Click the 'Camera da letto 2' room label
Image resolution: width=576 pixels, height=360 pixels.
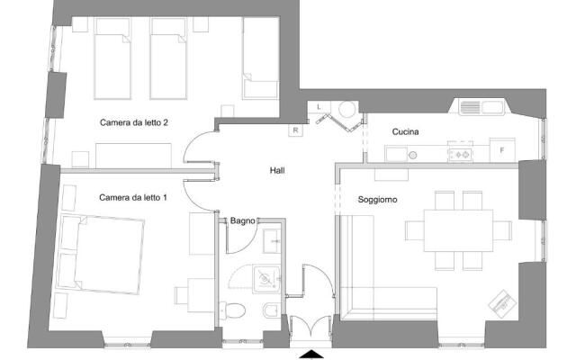pyautogui.click(x=134, y=122)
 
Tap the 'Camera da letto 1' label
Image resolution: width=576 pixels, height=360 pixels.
pyautogui.click(x=133, y=197)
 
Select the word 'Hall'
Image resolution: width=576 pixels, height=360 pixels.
pyautogui.click(x=278, y=169)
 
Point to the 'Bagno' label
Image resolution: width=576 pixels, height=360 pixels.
pyautogui.click(x=242, y=220)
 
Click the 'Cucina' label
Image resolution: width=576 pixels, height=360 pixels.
pyautogui.click(x=406, y=132)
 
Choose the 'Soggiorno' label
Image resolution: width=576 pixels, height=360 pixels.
pyautogui.click(x=378, y=199)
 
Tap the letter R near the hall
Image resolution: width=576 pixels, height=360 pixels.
pyautogui.click(x=295, y=130)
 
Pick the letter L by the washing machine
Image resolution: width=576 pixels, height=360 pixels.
pyautogui.click(x=319, y=107)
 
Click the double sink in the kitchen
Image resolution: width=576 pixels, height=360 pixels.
pyautogui.click(x=481, y=108)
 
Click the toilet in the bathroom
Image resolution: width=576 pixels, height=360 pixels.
pyautogui.click(x=235, y=312)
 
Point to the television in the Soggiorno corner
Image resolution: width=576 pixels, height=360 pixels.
pyautogui.click(x=500, y=303)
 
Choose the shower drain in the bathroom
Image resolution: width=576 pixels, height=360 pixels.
pyautogui.click(x=264, y=279)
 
